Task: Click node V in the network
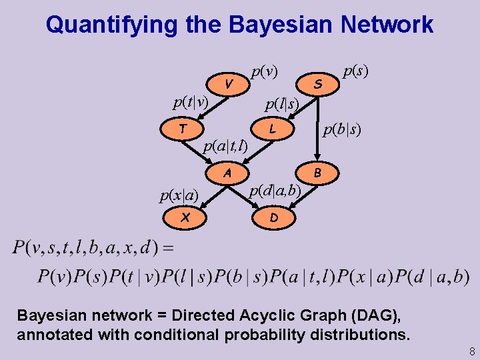(229, 83)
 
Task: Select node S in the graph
(318, 83)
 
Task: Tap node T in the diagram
(182, 127)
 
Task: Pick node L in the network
(273, 127)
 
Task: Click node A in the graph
(227, 173)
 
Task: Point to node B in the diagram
(318, 173)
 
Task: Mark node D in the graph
(274, 217)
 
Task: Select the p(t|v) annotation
(191, 102)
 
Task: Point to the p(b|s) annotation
(343, 130)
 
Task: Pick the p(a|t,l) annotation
(225, 146)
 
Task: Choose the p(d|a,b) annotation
(275, 191)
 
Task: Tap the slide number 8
(471, 351)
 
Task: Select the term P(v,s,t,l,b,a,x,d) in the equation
(85, 249)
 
